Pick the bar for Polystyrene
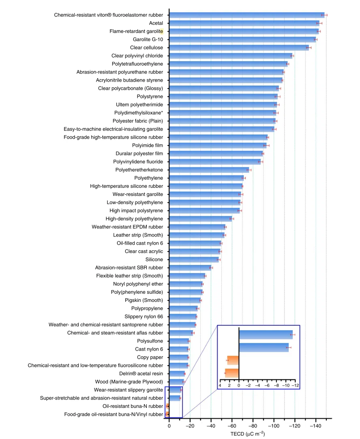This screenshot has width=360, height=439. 223,97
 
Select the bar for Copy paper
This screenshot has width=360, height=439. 179,357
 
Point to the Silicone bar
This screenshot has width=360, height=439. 194,260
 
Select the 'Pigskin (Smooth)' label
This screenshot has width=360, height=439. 144,300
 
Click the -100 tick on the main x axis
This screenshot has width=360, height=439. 274,426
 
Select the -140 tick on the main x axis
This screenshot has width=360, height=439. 316,426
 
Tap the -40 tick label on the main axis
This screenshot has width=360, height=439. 211,426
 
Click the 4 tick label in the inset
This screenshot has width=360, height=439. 220,385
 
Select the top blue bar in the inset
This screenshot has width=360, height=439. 266,335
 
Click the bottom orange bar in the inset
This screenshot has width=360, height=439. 232,373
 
